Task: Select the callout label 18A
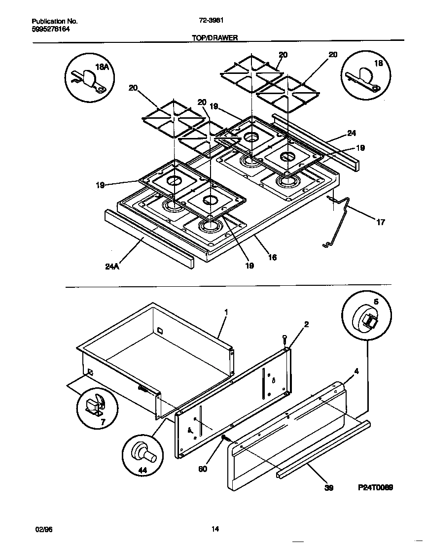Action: pos(102,68)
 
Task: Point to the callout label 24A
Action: pos(113,267)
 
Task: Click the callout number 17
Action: pos(380,222)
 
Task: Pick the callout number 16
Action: pos(272,257)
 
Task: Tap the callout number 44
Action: pos(142,471)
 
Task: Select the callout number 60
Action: pos(203,469)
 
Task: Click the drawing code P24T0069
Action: pos(375,487)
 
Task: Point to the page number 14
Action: pos(215,529)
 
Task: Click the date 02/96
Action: pos(44,529)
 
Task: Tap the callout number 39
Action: pos(329,488)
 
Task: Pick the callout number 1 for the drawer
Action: pos(226,312)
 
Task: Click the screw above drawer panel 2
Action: pos(285,339)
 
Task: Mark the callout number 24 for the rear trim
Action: pos(351,133)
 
